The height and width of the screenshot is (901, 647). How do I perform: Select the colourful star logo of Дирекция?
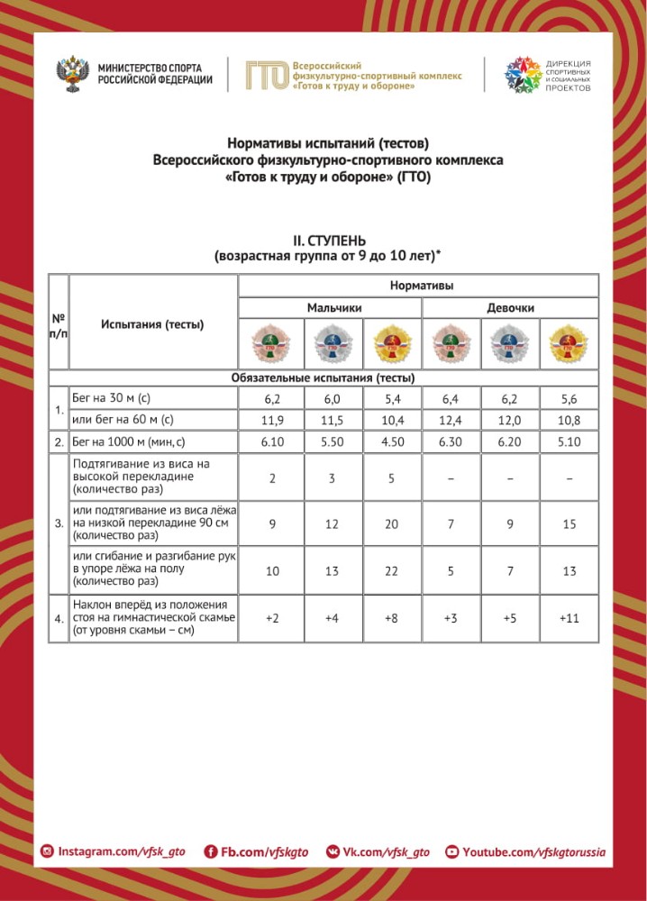pyautogui.click(x=522, y=75)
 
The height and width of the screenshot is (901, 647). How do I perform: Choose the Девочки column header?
pyautogui.click(x=510, y=308)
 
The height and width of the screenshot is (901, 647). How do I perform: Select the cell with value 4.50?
pyautogui.click(x=391, y=442)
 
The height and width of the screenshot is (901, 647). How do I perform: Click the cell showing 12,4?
pyautogui.click(x=451, y=420)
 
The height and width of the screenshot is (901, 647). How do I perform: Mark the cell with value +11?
pyautogui.click(x=570, y=619)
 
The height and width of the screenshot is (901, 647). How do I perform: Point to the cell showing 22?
pyautogui.click(x=391, y=571)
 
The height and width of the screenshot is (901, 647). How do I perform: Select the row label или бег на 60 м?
pyautogui.click(x=123, y=420)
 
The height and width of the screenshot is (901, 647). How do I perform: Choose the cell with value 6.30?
pyautogui.click(x=451, y=442)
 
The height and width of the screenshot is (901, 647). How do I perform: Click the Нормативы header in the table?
pyautogui.click(x=421, y=286)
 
